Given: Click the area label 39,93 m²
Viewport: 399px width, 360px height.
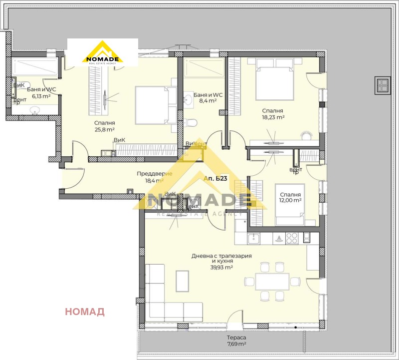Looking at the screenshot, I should (222, 268).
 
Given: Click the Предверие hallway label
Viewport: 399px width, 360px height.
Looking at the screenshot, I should (154, 174).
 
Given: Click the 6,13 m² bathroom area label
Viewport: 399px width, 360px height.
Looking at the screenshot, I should (41, 96).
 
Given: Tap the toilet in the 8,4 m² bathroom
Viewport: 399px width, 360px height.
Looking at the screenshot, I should (193, 122).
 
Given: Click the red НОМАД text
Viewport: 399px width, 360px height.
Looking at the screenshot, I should (85, 312).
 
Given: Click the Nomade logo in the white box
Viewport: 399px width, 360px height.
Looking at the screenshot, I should (103, 53).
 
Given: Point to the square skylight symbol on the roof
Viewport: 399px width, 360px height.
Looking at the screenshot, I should (383, 84).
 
